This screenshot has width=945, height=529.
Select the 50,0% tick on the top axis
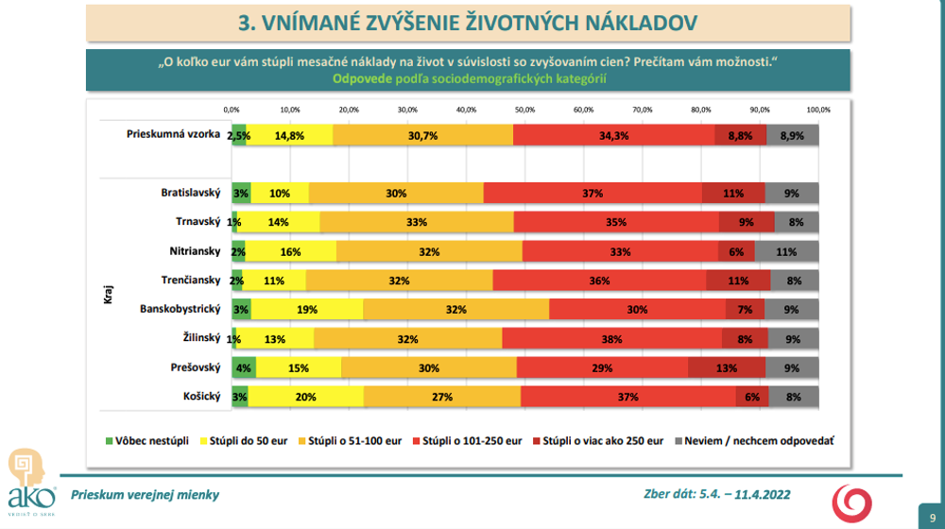point(524,110)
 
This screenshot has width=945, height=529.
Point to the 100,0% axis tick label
point(817,110)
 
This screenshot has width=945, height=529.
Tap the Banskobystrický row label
point(180,309)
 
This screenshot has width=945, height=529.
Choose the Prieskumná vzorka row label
point(173,134)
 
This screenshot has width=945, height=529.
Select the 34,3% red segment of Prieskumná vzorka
point(614,135)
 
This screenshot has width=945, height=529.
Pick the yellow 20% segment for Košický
point(305,397)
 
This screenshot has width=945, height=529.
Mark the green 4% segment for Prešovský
point(243,367)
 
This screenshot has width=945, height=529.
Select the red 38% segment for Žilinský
point(612,338)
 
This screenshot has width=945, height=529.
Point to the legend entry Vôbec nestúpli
point(146,440)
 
